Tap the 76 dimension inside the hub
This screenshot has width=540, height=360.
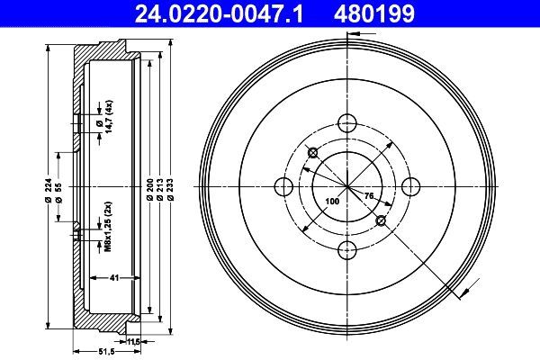(x=368, y=194)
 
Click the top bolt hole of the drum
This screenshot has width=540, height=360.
(x=346, y=123)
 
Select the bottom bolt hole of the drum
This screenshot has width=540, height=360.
(x=346, y=250)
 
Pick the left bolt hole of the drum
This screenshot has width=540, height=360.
(x=283, y=186)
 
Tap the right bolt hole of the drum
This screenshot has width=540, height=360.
(x=410, y=186)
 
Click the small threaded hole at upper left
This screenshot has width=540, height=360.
(x=311, y=151)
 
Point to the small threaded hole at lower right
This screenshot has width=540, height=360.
(x=382, y=220)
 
